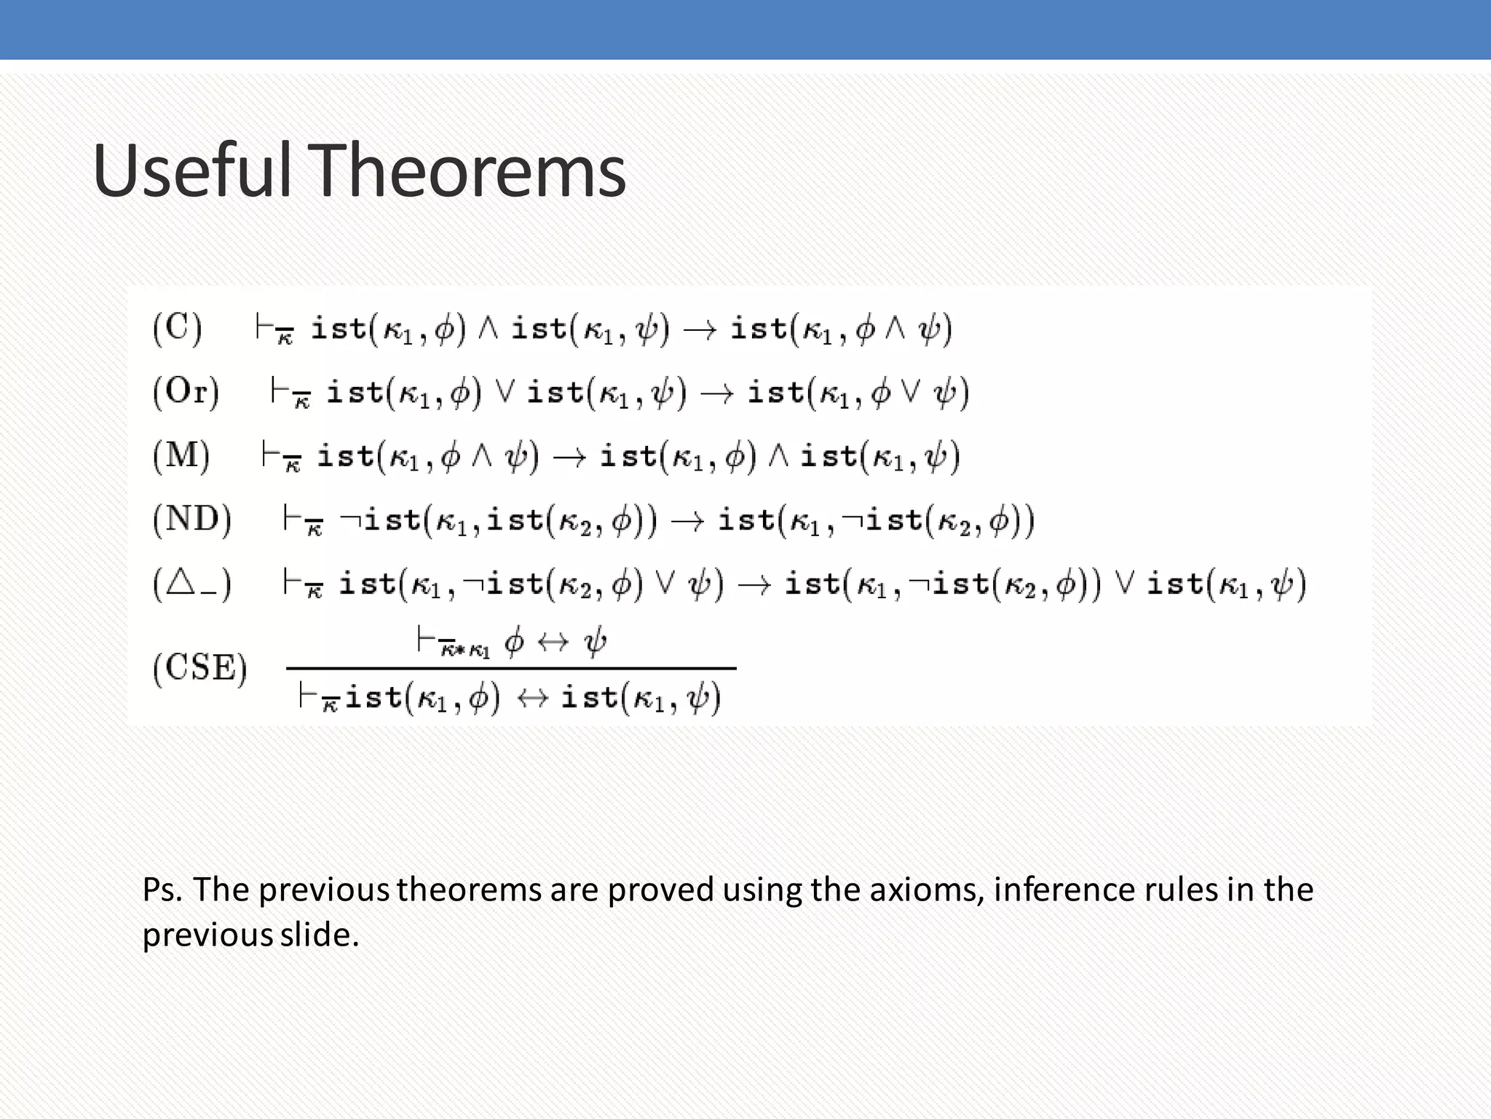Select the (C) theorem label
coord(177,328)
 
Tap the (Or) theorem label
coord(186,392)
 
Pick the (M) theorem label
coord(181,456)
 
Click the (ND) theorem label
coord(192,520)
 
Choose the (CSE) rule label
coord(200,667)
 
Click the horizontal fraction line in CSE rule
coord(511,668)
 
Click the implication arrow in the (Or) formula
coord(716,394)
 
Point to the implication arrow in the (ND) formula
coord(687,522)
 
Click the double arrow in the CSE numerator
coord(553,642)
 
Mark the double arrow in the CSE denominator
coord(531,699)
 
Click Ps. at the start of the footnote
coord(162,890)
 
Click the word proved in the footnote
coord(660,890)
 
